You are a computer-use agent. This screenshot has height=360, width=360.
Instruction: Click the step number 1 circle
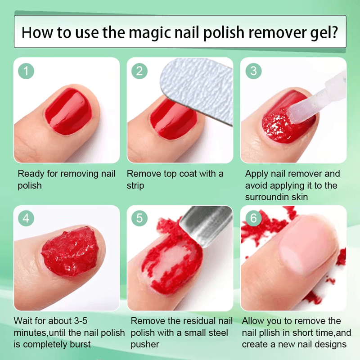27,71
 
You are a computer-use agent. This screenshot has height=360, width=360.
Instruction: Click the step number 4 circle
27,218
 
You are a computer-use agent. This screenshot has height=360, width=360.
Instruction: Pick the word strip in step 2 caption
135,185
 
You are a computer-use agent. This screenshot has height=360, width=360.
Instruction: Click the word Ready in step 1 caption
31,174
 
